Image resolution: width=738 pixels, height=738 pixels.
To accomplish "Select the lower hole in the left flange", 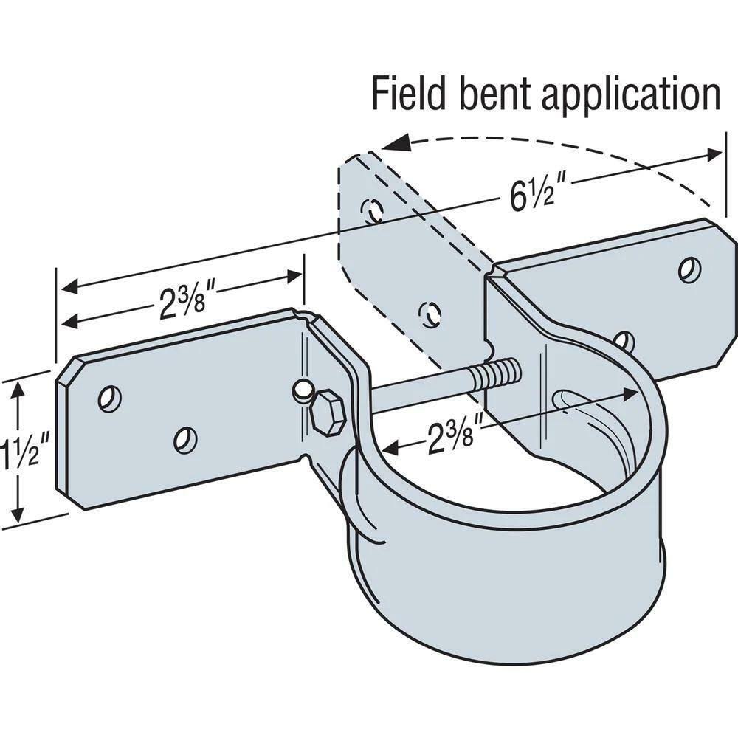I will [x=184, y=441].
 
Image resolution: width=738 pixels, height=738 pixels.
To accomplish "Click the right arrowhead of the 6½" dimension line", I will [x=714, y=154].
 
